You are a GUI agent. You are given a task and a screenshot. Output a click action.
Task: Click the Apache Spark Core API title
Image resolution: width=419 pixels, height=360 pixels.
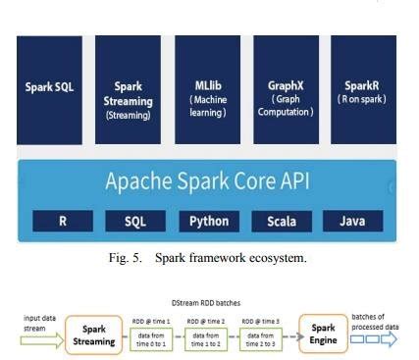click(x=207, y=182)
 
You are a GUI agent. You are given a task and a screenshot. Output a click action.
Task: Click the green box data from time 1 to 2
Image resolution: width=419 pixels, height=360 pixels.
click(x=209, y=337)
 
